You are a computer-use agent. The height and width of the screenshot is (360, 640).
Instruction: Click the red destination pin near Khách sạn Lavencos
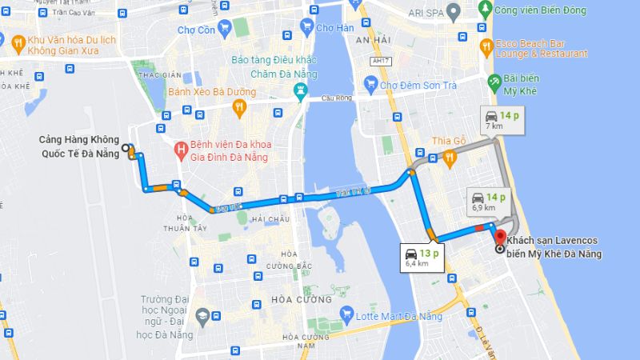click(x=500, y=238)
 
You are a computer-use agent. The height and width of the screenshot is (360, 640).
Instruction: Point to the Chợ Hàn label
click(x=334, y=28)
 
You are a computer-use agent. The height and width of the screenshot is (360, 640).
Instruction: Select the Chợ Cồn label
click(x=195, y=30)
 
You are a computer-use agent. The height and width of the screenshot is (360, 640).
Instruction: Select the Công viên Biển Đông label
click(x=539, y=10)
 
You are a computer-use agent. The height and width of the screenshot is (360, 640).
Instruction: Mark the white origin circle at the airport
click(x=126, y=148)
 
